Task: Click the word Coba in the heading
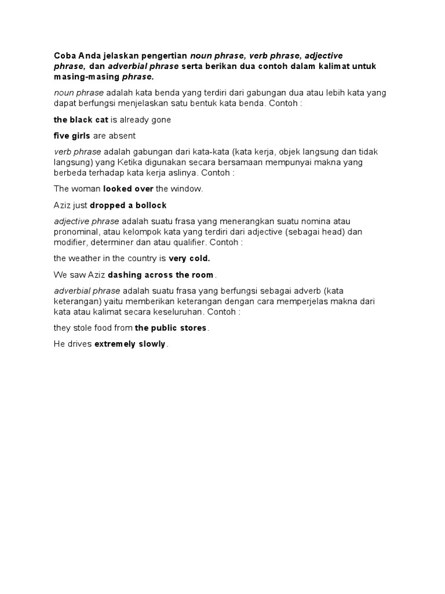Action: pos(64,56)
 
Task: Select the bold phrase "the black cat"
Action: pos(81,120)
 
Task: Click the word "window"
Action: pos(188,189)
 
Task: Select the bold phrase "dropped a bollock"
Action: pos(128,205)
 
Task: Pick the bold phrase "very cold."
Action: pos(189,258)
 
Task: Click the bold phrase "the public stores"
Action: pos(170,328)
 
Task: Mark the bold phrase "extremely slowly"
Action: pos(130,344)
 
